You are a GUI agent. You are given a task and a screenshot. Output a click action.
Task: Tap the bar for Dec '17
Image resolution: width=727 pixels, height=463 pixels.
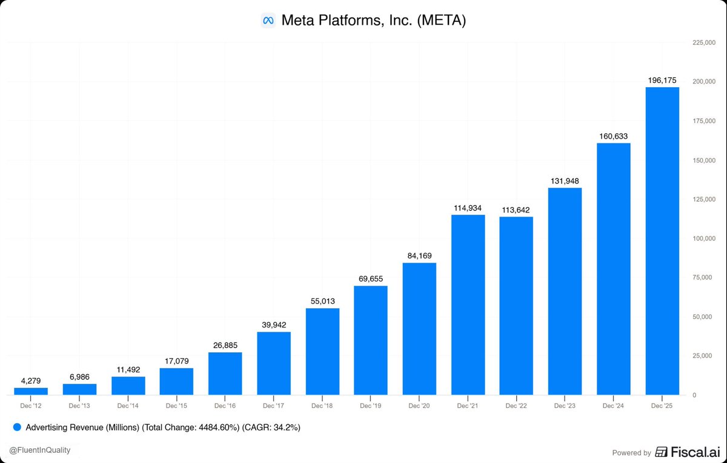(x=274, y=363)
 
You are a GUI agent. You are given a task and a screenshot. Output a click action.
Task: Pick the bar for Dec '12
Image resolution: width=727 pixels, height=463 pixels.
(x=31, y=391)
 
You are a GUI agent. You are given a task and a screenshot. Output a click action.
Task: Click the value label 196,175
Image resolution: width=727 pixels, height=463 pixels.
(x=662, y=80)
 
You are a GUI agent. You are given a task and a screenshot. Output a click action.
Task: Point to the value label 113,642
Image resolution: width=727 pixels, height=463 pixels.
(x=516, y=210)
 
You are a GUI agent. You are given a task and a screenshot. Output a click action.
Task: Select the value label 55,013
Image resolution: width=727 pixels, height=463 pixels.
(x=322, y=301)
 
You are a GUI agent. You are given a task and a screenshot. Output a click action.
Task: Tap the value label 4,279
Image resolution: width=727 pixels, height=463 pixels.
(x=31, y=381)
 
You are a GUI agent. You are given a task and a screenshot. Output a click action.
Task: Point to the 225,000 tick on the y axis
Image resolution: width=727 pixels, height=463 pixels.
(x=704, y=42)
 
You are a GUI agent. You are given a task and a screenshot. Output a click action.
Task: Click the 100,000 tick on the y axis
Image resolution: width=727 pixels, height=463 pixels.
(x=704, y=238)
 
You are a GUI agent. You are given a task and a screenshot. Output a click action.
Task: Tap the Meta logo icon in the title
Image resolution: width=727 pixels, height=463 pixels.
(x=268, y=21)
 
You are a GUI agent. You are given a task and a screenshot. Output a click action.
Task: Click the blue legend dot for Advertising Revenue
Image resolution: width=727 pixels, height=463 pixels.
(x=17, y=427)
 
